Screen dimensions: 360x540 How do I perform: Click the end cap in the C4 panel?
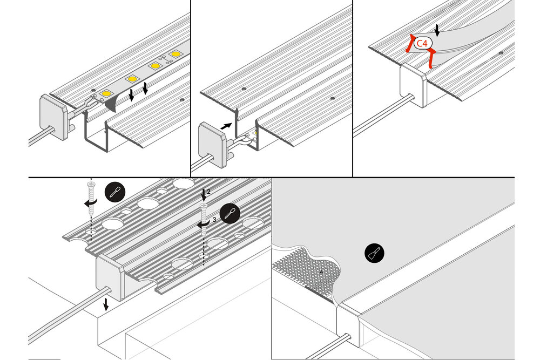tap(413, 86)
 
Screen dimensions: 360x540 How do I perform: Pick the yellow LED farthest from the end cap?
tap(175, 55)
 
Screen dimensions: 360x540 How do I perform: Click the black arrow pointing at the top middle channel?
tap(228, 125)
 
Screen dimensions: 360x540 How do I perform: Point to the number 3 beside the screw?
tap(214, 220)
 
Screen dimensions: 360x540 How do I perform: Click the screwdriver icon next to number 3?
tap(230, 212)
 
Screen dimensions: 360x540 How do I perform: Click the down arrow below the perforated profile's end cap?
tap(106, 304)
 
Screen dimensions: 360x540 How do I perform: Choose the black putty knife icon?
tap(374, 252)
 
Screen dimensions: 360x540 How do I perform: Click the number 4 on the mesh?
tap(321, 272)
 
